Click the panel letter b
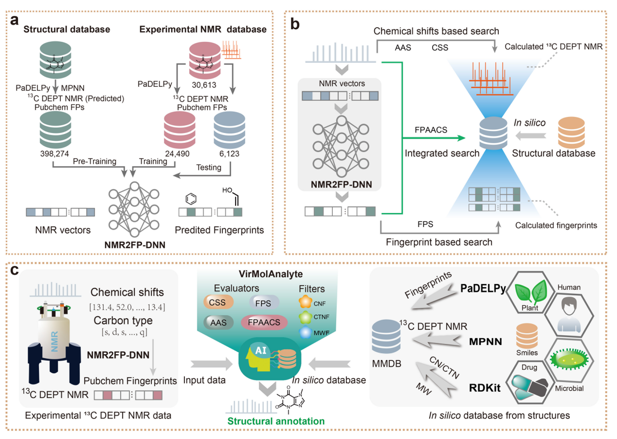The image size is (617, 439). click(295, 22)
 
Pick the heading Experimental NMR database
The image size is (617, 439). click(203, 29)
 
